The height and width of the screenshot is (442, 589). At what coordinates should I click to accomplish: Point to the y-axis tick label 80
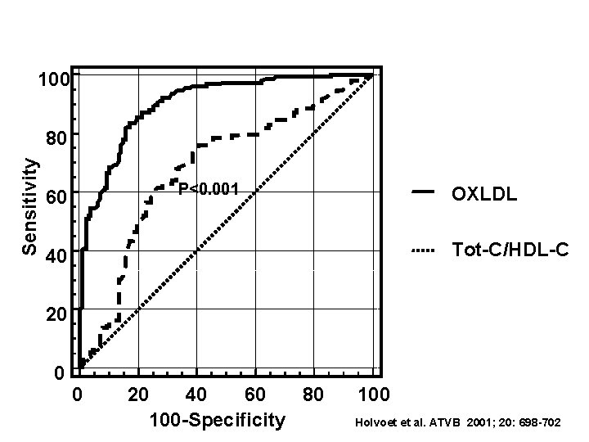(56, 138)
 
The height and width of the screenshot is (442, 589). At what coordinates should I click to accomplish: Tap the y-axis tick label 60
(56, 198)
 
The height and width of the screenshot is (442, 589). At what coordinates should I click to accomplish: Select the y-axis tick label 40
(56, 257)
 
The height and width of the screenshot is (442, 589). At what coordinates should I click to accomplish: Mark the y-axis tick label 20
(56, 316)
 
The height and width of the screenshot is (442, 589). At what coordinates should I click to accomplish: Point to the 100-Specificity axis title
(218, 421)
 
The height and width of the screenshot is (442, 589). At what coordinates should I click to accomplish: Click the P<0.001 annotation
(209, 190)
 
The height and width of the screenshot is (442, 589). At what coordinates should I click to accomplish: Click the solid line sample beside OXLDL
(424, 192)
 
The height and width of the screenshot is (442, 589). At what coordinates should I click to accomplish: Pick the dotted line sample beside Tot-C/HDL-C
(422, 248)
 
